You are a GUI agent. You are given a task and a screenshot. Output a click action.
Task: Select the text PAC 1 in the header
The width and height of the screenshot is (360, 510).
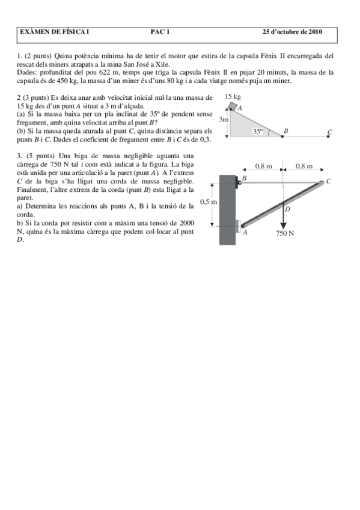click(x=160, y=32)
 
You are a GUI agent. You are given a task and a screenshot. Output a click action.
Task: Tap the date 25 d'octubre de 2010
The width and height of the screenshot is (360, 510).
click(x=293, y=32)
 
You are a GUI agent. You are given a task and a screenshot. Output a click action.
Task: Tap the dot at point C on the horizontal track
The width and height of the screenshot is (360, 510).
click(x=330, y=137)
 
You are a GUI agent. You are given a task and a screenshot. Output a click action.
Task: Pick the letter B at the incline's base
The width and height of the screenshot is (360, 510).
click(x=285, y=131)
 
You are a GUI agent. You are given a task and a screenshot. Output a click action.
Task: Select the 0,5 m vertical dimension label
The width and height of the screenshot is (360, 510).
click(x=208, y=202)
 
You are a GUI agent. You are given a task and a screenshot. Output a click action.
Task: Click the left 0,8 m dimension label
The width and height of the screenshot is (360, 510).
click(x=263, y=165)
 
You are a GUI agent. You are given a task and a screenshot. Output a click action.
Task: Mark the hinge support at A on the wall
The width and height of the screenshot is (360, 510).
click(x=239, y=226)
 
